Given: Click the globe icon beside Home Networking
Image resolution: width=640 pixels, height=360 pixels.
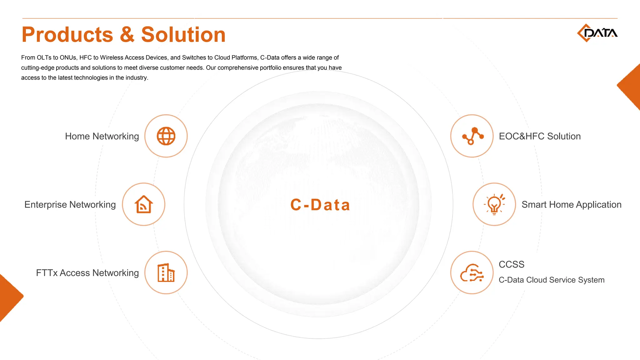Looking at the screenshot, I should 166,136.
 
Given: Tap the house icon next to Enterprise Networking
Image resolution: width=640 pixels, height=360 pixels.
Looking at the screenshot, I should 143,204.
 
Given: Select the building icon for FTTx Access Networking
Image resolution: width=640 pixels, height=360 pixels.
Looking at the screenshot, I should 166,272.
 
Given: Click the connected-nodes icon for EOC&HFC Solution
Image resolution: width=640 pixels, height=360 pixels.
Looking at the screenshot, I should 472,136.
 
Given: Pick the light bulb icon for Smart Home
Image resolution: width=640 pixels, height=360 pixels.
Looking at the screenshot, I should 494,204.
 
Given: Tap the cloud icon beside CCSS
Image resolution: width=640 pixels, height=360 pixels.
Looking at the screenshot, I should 472,272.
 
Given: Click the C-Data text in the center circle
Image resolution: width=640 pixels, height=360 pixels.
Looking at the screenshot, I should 320,205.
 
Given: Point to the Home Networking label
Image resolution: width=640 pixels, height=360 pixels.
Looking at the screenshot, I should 102,136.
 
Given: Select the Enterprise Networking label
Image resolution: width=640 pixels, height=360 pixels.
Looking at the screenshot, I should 70,205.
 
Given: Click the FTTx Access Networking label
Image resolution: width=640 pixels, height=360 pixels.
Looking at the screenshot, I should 87,273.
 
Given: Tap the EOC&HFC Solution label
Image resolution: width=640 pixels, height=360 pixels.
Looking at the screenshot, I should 540,136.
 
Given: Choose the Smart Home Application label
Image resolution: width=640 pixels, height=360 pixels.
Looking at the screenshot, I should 571,205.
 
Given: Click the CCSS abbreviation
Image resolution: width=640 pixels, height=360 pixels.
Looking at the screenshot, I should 511,264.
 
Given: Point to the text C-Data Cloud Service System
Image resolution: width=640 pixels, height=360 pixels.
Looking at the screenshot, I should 551,280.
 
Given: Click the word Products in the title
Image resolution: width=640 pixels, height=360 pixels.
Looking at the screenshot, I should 67,35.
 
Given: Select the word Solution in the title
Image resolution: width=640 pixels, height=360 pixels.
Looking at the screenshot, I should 183,35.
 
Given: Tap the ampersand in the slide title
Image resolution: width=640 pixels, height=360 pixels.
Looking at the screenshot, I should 127,35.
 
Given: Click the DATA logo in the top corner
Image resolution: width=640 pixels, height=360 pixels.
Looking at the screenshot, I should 597,33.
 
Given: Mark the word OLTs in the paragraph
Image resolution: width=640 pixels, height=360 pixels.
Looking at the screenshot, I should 44,58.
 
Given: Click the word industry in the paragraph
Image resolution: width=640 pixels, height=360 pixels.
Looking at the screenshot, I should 136,78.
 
